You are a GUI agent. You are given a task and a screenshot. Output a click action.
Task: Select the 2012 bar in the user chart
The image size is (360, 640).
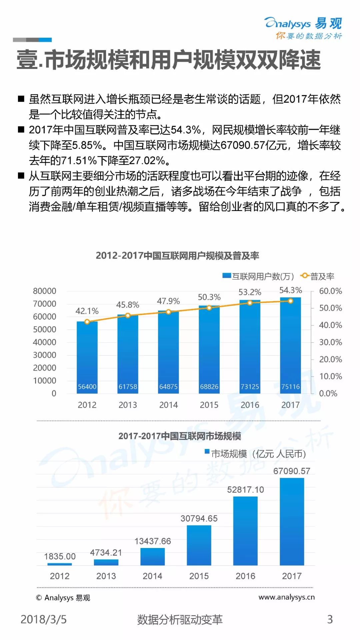(x=87, y=357)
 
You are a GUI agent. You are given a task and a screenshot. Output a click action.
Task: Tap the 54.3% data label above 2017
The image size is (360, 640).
(x=290, y=290)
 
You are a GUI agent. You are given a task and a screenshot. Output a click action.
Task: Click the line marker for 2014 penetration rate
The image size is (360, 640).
(x=168, y=312)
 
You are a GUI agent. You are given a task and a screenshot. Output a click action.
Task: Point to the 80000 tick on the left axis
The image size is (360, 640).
(x=44, y=291)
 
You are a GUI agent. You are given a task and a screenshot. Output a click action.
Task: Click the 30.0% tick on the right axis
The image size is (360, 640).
(x=330, y=342)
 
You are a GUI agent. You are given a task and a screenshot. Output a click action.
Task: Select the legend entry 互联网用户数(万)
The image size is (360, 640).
(x=259, y=276)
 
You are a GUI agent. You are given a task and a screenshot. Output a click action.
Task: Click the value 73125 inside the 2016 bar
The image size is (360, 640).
(x=250, y=387)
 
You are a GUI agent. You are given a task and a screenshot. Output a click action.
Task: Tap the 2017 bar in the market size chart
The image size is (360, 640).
(x=292, y=522)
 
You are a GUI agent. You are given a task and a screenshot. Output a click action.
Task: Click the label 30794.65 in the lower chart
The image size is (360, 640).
(x=199, y=518)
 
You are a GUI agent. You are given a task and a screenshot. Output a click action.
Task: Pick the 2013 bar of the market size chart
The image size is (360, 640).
(x=106, y=562)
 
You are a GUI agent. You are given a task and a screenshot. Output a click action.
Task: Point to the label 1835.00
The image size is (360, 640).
(x=60, y=556)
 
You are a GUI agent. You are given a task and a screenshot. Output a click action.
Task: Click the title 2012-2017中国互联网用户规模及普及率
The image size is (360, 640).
(x=177, y=256)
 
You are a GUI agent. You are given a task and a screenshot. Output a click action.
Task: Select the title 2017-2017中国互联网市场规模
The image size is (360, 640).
(x=180, y=436)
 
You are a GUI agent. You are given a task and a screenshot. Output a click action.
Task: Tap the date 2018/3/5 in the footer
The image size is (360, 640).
(x=44, y=619)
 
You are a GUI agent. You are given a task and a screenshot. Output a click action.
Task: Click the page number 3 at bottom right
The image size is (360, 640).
(x=330, y=619)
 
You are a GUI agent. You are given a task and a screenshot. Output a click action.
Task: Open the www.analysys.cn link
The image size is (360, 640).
(x=286, y=597)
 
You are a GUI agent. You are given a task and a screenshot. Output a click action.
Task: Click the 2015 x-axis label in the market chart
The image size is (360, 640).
(x=199, y=576)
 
